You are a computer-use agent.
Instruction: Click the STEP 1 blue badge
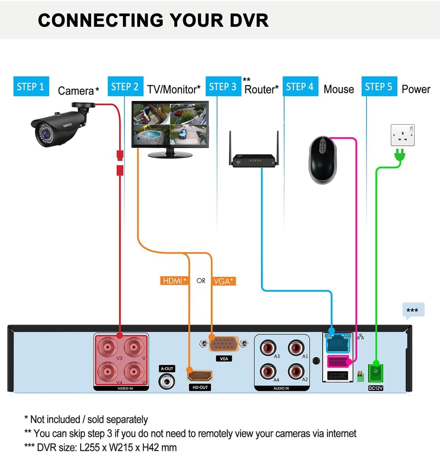(31, 87)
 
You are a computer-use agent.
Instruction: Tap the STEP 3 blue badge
(223, 87)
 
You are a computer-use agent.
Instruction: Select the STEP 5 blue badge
(379, 87)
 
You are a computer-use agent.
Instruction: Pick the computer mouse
(323, 160)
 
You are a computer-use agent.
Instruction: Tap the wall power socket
(403, 135)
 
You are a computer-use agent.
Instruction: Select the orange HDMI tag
(175, 281)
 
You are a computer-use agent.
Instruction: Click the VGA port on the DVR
(224, 344)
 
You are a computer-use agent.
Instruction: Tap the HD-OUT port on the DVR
(200, 376)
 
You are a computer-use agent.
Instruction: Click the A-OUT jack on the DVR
(167, 381)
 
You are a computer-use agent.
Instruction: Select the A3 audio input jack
(268, 347)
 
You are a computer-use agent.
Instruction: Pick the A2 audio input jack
(296, 371)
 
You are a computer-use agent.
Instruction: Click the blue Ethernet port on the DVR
(337, 344)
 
